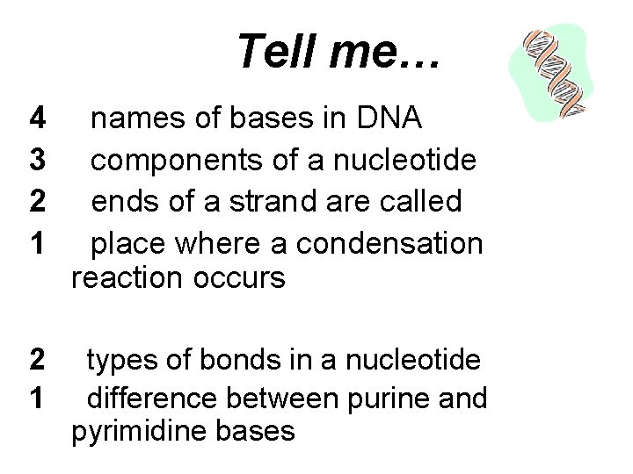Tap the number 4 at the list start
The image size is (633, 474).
38,117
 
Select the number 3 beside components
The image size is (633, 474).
38,160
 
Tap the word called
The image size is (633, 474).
421,202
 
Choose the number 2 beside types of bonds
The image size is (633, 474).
38,360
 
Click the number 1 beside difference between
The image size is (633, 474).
38,399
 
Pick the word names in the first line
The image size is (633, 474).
137,117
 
